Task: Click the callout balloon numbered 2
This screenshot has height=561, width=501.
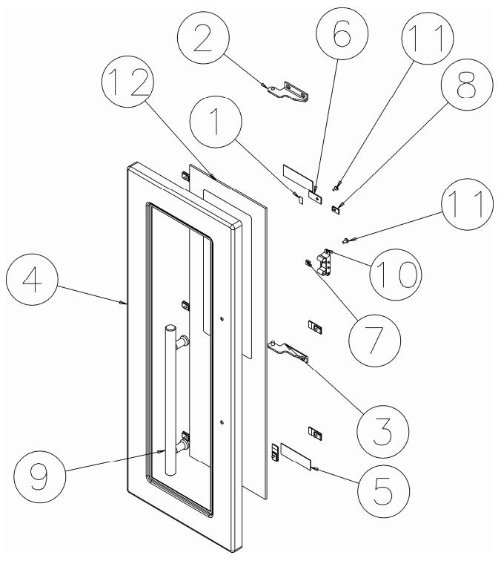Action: pos(202,38)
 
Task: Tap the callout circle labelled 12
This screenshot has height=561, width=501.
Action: pos(128,82)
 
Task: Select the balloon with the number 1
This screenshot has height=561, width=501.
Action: pos(216,122)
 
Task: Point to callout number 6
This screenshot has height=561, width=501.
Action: pos(342,33)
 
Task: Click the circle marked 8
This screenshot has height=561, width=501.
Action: pos(467,85)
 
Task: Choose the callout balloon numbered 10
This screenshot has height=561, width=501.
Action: pos(396,275)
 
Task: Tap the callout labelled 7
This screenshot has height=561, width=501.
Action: pos(374,341)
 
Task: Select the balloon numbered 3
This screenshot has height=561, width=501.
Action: pos(382,431)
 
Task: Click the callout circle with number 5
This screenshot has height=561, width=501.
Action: pos(384,491)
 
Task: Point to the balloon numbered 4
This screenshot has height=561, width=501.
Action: pos(32,279)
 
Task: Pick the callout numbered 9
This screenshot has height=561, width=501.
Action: pos(40,476)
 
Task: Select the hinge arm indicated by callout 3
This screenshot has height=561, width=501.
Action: pos(288,352)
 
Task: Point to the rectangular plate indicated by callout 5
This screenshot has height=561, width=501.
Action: pos(296,456)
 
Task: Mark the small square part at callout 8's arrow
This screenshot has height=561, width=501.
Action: pos(335,210)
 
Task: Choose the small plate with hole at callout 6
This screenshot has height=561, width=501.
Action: pos(316,197)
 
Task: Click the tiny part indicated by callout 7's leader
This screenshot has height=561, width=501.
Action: pos(307,263)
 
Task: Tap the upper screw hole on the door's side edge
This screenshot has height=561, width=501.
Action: pos(222,318)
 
